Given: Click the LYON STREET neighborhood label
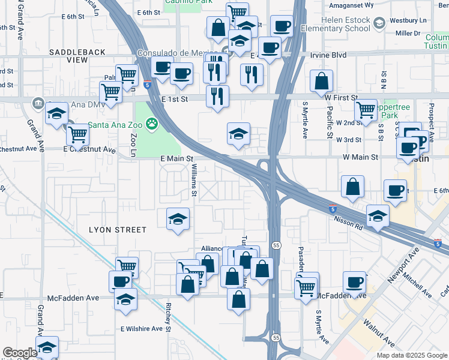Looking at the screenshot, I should [118, 230].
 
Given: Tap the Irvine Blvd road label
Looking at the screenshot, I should [328, 55].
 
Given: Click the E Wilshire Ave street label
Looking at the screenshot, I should [141, 329].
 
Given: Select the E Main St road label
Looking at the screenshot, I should [176, 158].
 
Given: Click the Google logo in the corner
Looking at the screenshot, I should [20, 353].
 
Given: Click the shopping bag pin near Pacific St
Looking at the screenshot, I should [322, 82].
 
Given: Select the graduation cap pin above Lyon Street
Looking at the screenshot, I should [178, 219].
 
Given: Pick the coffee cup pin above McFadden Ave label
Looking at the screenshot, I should [354, 283].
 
